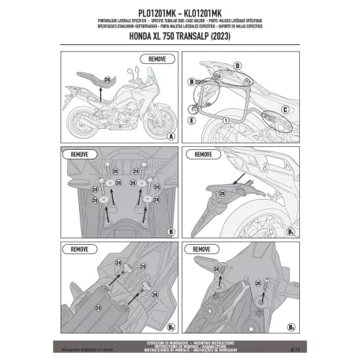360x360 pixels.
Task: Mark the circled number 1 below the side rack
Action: pyautogui.click(x=224, y=120)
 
